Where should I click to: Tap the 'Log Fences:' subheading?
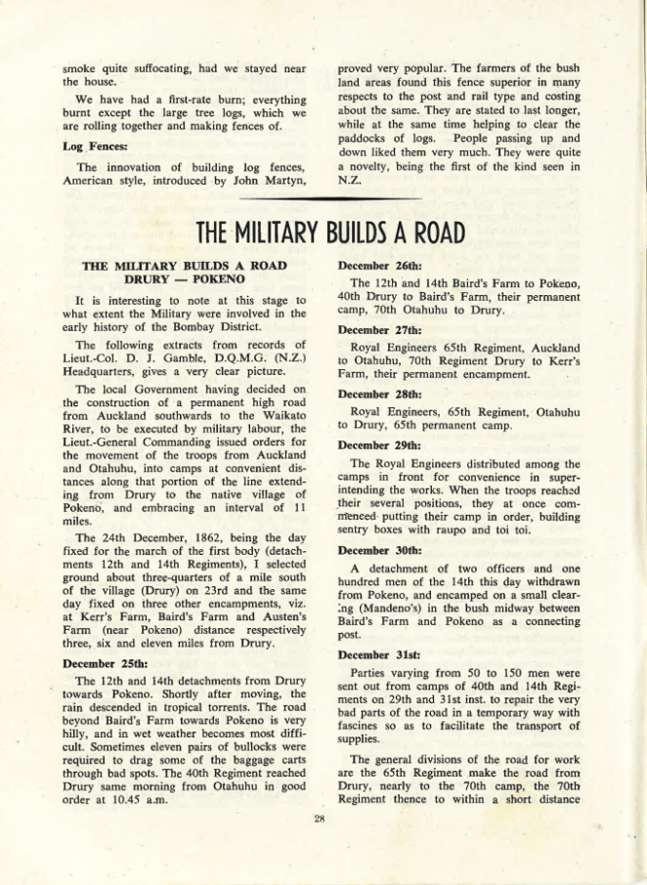coord(95,146)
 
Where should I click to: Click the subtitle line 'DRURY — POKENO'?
coord(184,278)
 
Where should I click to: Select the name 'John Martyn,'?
coord(276,180)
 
